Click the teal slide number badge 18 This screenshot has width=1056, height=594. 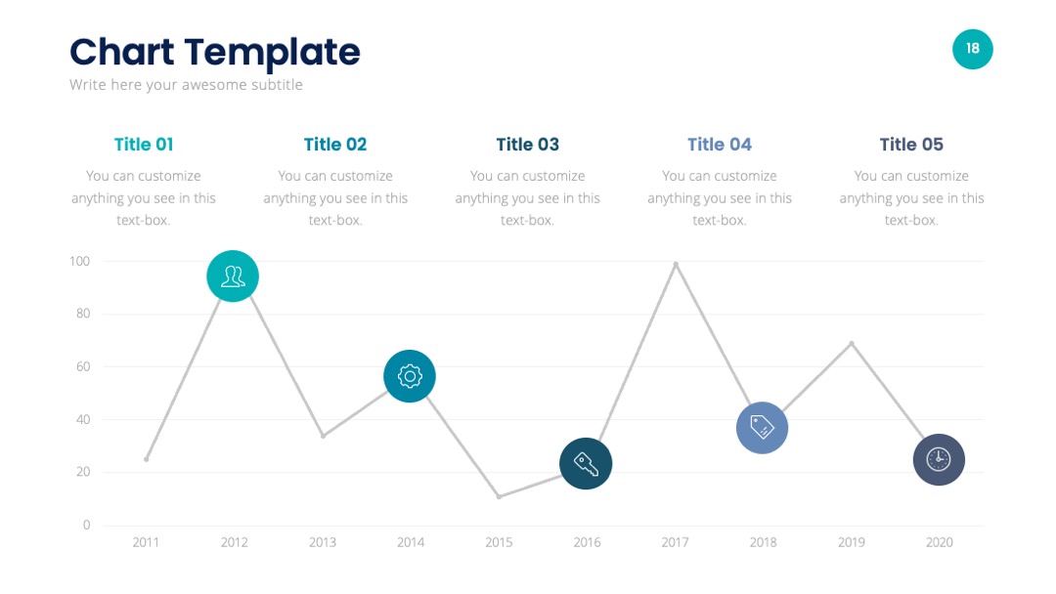[973, 49]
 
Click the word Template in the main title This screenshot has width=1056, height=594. [272, 53]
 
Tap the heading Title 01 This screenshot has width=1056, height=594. [144, 145]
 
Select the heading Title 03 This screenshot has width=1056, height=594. [527, 145]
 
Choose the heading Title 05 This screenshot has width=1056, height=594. [911, 145]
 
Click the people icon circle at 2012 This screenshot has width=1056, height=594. [233, 276]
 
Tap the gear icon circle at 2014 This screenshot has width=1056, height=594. [410, 376]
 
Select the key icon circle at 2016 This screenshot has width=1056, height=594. [586, 463]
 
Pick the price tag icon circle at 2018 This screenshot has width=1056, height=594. [763, 428]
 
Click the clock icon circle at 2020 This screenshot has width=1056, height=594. [939, 459]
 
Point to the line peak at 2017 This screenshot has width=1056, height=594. [676, 265]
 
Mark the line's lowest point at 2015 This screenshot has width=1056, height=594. [499, 496]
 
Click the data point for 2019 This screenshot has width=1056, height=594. [852, 344]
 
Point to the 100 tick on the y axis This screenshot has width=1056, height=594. [79, 261]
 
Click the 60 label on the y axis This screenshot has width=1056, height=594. [83, 366]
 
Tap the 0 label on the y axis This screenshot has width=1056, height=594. [86, 525]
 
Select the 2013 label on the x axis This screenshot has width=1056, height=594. [323, 542]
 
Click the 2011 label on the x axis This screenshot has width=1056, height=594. [146, 542]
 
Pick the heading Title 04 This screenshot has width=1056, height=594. [720, 145]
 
